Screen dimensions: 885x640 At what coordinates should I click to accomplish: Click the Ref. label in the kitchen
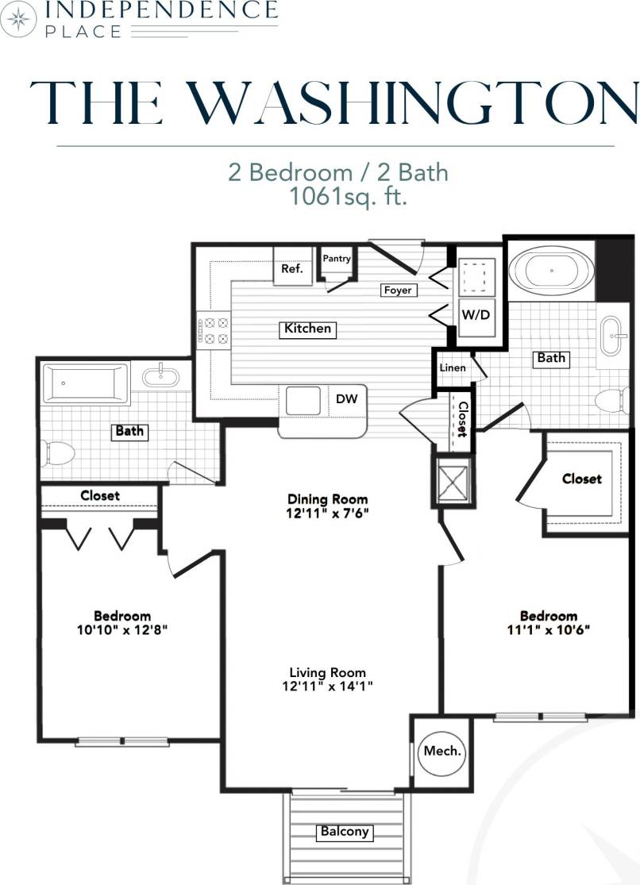(x=292, y=269)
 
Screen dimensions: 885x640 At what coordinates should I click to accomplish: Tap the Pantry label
(x=337, y=259)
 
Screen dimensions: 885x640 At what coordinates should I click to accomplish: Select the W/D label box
(x=476, y=314)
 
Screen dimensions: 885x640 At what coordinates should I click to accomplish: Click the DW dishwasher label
(x=346, y=399)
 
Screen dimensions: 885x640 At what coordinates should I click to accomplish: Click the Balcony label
(x=344, y=832)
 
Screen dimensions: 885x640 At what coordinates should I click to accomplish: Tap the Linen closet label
(x=452, y=368)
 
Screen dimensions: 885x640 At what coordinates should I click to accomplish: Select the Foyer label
(x=398, y=291)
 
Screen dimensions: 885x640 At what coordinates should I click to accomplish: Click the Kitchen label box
(x=308, y=328)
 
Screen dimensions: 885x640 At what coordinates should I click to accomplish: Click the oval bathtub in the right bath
(x=550, y=270)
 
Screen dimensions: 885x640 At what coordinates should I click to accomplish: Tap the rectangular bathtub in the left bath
(x=85, y=383)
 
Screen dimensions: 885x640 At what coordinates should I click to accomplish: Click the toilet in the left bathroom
(x=59, y=454)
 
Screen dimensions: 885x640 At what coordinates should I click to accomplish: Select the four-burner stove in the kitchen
(x=213, y=330)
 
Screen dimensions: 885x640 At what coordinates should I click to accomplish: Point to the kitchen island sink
(x=303, y=401)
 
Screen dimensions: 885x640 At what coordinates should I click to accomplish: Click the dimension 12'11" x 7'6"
(x=328, y=513)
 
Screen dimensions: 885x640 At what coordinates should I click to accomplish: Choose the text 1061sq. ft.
(x=349, y=197)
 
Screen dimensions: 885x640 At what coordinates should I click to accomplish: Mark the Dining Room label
(x=328, y=499)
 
